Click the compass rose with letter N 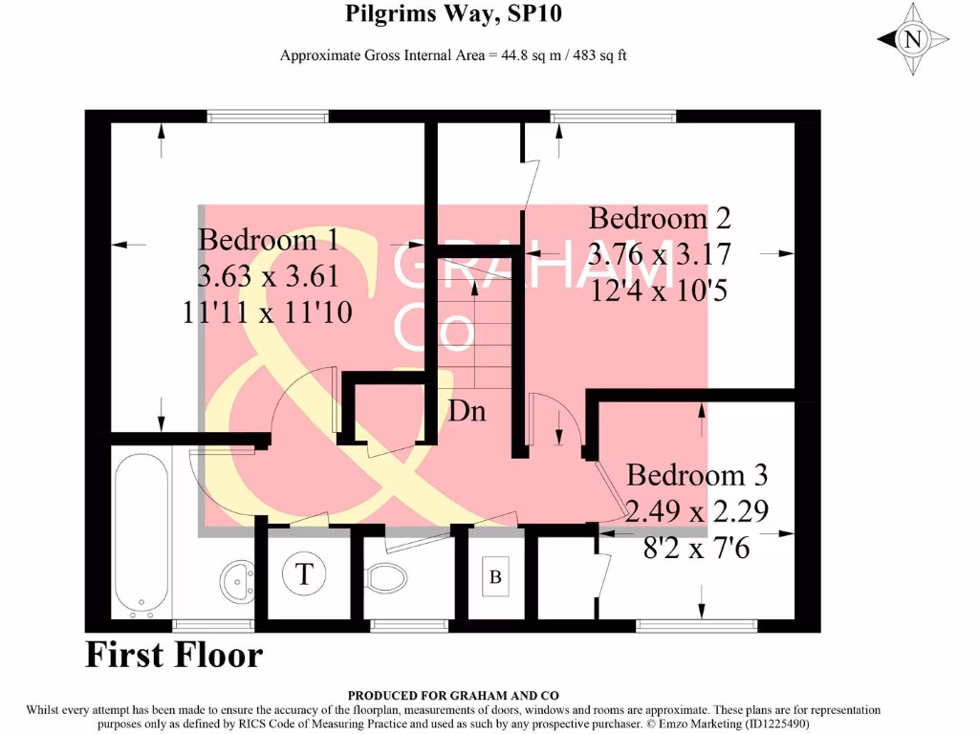(913, 39)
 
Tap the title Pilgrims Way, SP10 (453, 14)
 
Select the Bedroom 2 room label (660, 218)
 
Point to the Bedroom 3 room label (697, 475)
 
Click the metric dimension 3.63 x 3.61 (268, 276)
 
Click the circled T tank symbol (305, 574)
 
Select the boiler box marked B (495, 576)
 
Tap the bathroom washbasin (235, 577)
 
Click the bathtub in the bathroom (142, 535)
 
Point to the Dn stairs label (468, 412)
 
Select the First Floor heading (173, 655)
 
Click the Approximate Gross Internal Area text (453, 55)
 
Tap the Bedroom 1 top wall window (269, 117)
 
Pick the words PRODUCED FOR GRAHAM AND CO (453, 696)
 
